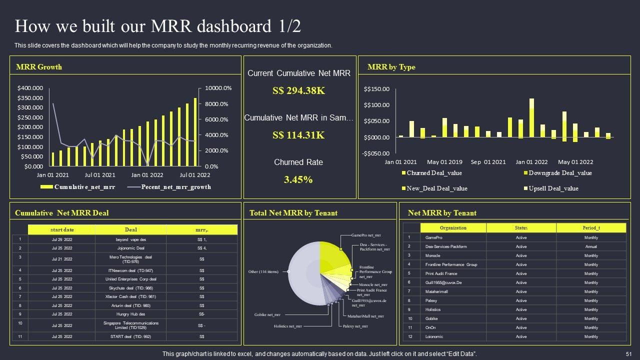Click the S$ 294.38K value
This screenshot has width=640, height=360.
[299, 91]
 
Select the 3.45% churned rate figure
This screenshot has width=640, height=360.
[298, 179]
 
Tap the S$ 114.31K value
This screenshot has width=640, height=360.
[298, 135]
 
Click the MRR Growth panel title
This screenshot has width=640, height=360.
[39, 67]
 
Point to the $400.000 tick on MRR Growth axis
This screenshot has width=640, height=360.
[30, 88]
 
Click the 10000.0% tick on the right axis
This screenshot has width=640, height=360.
[218, 88]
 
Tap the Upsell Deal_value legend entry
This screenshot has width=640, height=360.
[553, 188]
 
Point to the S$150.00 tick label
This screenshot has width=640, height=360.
[376, 89]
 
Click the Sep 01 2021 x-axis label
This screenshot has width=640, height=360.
[488, 162]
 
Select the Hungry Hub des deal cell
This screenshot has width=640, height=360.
[130, 314]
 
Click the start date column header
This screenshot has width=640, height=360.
[62, 229]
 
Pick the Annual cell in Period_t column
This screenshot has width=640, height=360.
[591, 246]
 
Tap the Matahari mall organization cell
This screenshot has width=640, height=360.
[436, 291]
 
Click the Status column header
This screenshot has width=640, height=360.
[521, 228]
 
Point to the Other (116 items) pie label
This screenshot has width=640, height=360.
[263, 272]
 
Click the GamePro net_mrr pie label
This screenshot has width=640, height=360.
[366, 235]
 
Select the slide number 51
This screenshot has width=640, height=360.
[629, 354]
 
